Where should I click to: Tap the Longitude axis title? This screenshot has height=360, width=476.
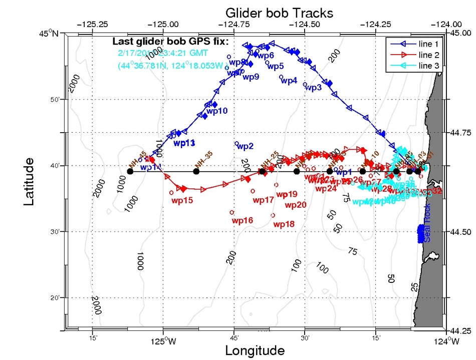click(255, 350)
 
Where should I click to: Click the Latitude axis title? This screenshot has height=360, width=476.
click(30, 182)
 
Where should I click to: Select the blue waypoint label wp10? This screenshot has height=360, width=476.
click(217, 111)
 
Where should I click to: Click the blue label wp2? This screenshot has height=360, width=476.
click(245, 146)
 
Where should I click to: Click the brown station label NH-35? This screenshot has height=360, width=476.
click(202, 161)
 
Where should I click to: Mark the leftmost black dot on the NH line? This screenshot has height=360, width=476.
click(130, 172)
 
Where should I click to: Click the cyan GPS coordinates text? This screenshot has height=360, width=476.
click(171, 66)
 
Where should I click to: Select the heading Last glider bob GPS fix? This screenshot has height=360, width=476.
click(170, 41)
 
